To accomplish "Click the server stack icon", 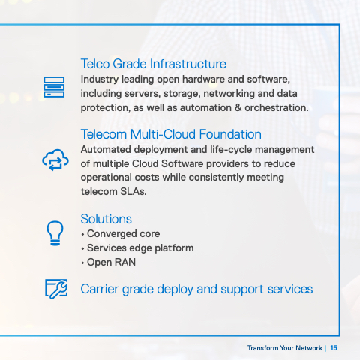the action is [x=54, y=87].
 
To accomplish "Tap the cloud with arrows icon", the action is [x=55, y=160].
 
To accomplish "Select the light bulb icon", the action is [x=55, y=233].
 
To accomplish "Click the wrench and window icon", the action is [x=56, y=289].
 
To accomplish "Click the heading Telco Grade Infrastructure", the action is [x=154, y=64].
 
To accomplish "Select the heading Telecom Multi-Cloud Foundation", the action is [x=171, y=134].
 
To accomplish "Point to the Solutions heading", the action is [x=106, y=219].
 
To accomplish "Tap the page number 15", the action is [x=334, y=348].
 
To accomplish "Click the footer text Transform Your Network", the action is [x=285, y=348].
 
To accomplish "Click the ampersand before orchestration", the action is [x=238, y=108].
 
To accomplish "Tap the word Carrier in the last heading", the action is [x=100, y=289].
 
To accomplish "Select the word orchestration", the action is [x=277, y=108].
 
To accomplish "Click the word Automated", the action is [x=106, y=150].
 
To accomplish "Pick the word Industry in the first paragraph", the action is [x=100, y=79].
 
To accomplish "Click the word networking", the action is [x=229, y=94].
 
